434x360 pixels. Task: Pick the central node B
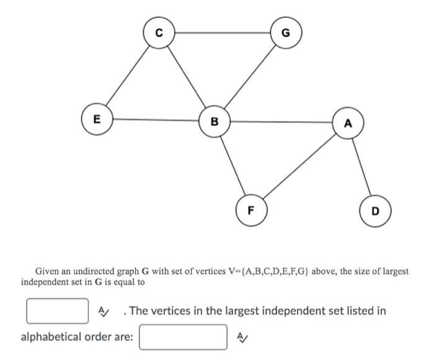[215, 121]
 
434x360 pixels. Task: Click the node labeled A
[348, 123]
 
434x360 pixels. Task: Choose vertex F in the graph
[251, 209]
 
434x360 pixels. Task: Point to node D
[376, 211]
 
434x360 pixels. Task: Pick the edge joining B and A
[281, 122]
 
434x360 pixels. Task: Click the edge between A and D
[362, 167]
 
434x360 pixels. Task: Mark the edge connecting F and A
[299, 166]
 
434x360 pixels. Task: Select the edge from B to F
[233, 165]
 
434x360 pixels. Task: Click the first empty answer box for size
[57, 310]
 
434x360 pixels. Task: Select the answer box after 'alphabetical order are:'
[183, 337]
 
